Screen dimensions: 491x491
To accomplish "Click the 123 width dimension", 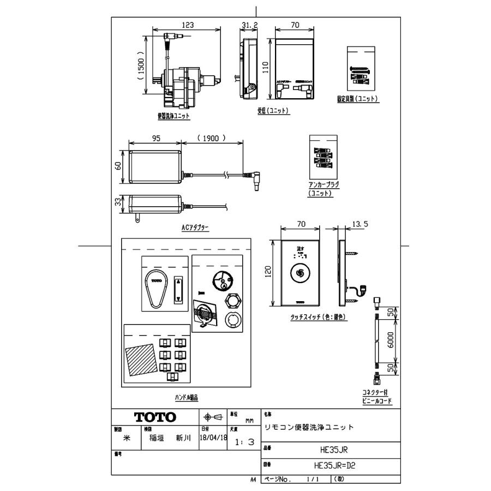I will (x=188, y=25).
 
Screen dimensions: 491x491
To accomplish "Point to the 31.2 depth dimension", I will (x=249, y=25).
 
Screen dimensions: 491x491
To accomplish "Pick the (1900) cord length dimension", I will (x=211, y=139).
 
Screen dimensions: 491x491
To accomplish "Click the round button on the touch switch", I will (x=300, y=273).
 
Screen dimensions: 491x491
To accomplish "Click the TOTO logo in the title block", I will (x=155, y=417).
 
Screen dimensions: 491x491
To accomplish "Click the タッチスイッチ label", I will (x=310, y=316).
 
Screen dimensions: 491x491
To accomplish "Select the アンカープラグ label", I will (x=324, y=185).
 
